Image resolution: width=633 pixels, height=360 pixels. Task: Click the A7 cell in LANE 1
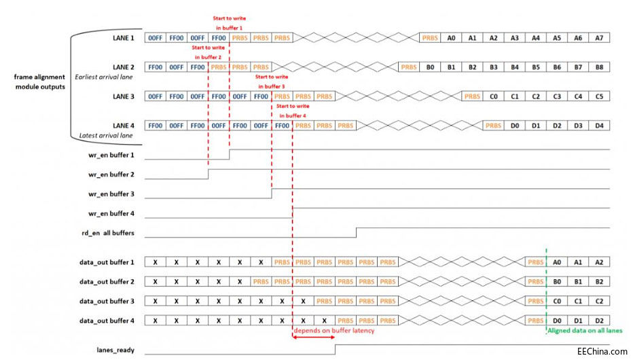click(598, 39)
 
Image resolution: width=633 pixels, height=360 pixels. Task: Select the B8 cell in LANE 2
click(598, 67)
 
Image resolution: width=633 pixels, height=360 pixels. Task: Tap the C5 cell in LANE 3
click(598, 96)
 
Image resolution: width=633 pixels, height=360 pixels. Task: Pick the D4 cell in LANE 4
click(598, 126)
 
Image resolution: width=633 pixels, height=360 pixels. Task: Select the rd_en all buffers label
click(104, 233)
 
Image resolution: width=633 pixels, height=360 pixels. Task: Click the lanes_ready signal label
click(115, 350)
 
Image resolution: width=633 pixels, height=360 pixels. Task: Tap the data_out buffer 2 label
click(107, 281)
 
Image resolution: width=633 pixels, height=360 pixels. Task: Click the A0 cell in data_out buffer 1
click(557, 262)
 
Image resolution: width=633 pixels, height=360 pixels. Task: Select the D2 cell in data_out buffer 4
click(598, 321)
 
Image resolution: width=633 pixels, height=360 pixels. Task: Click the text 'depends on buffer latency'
click(333, 331)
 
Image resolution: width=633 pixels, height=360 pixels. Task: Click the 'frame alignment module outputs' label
click(40, 82)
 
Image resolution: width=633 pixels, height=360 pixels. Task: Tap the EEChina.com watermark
click(602, 351)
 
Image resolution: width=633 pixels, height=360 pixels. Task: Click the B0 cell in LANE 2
click(430, 67)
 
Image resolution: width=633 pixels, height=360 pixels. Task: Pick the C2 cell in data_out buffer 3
click(598, 301)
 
